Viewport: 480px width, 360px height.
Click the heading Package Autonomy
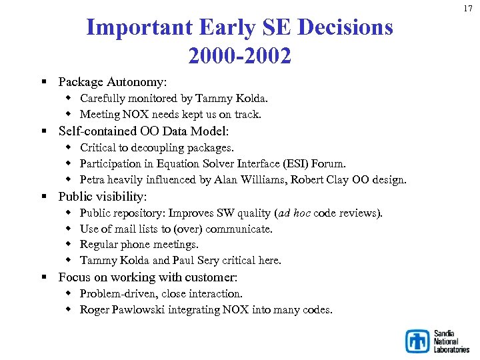pyautogui.click(x=113, y=82)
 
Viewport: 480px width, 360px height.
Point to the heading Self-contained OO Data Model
pyautogui.click(x=143, y=131)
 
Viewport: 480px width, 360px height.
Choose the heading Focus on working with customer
pyautogui.click(x=148, y=277)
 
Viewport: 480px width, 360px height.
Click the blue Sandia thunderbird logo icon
pyautogui.click(x=418, y=341)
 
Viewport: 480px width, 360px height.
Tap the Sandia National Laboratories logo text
pyautogui.click(x=451, y=341)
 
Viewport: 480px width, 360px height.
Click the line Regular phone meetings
pyautogui.click(x=139, y=245)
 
